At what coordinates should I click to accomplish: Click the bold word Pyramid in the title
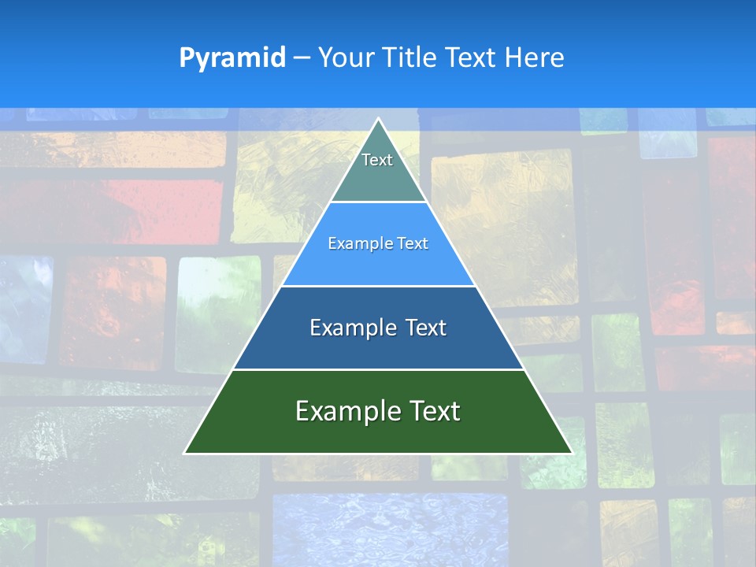click(x=232, y=58)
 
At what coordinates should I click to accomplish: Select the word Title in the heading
click(x=413, y=57)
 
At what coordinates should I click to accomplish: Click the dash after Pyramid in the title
click(x=302, y=58)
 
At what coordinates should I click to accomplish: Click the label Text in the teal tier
click(x=377, y=160)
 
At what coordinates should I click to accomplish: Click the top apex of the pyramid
click(x=378, y=119)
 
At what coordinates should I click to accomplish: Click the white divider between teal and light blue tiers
click(x=378, y=202)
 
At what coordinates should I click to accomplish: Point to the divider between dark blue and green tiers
click(x=378, y=369)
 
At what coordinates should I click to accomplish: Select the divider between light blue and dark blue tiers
click(x=378, y=286)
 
